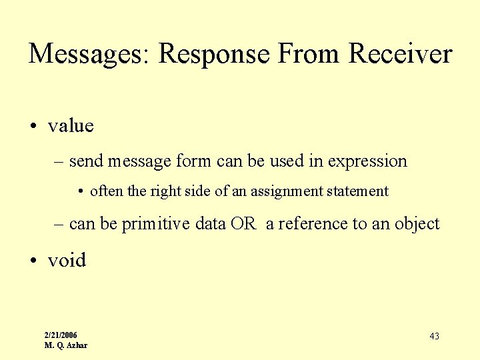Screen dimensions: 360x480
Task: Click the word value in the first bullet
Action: (x=71, y=125)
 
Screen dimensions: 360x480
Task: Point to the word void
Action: (x=67, y=260)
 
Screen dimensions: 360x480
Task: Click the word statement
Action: (x=357, y=191)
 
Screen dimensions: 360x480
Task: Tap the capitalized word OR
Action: (x=243, y=224)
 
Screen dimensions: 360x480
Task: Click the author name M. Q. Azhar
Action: (x=65, y=345)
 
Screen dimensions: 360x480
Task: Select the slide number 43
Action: (x=434, y=336)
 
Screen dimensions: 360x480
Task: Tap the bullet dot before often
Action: (x=81, y=192)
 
